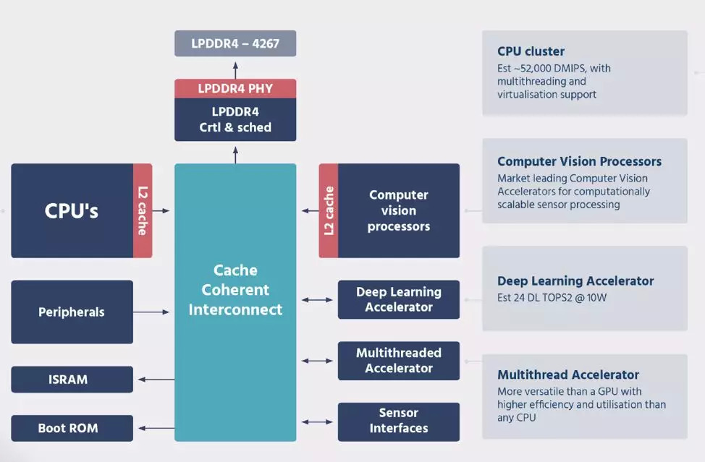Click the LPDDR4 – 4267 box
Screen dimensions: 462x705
[235, 43]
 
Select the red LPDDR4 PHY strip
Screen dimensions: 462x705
[235, 89]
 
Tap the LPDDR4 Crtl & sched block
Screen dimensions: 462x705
[235, 119]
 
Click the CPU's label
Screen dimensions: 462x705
[71, 210]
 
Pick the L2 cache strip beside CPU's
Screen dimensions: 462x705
[143, 210]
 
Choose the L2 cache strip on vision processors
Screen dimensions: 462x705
[329, 210]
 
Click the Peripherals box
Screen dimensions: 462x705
[72, 312]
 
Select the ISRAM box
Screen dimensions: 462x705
[72, 380]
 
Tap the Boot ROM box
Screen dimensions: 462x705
[72, 428]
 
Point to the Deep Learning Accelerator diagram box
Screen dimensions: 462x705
[399, 299]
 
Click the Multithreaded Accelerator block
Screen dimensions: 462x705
[399, 360]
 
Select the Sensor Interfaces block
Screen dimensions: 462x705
[399, 421]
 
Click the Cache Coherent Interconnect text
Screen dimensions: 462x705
[235, 290]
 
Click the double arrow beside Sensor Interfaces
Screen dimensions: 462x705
[317, 422]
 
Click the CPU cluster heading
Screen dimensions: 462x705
[531, 51]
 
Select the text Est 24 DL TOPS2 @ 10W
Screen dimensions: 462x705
[552, 297]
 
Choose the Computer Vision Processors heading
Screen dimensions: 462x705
[579, 161]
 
